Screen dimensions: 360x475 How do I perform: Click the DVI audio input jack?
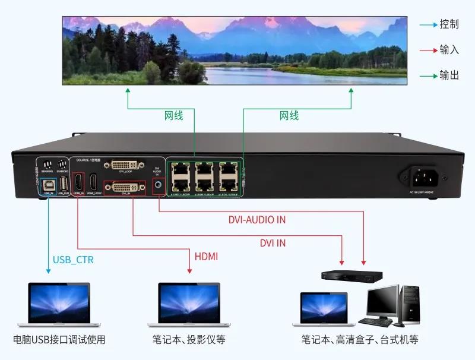pos(159,186)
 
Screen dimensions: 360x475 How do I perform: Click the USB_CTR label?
pos(73,260)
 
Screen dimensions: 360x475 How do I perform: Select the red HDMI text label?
pos(206,257)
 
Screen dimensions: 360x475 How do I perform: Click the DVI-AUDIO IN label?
pos(256,220)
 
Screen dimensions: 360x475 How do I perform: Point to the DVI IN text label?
pos(273,242)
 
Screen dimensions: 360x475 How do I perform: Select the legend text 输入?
pos(449,50)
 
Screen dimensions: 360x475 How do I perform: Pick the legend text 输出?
pos(449,75)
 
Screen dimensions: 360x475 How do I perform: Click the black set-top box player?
pos(351,276)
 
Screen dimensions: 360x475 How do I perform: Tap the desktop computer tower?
pos(410,304)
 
